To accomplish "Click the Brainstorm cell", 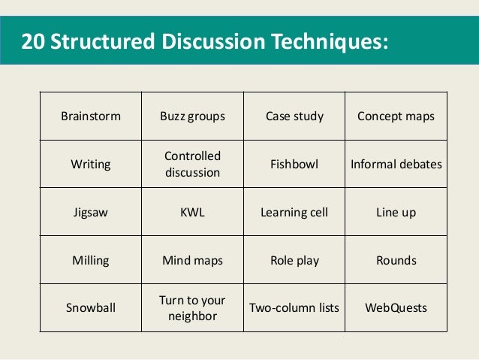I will [x=91, y=116].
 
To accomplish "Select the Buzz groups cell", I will [x=192, y=116].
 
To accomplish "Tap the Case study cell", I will [x=294, y=116].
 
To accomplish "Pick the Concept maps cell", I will [x=396, y=116].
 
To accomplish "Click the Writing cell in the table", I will [x=91, y=164].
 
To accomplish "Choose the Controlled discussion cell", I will [x=192, y=164].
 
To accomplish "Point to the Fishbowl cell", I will [x=294, y=164].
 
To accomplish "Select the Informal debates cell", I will [x=396, y=164].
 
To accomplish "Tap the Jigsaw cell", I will [x=91, y=212].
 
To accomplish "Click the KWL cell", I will [x=192, y=212].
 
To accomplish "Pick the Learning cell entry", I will [x=294, y=212].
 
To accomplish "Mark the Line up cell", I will [x=396, y=212].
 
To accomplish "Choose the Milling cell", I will [x=91, y=260].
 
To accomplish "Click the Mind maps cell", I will [x=192, y=260].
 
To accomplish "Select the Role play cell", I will [x=294, y=260].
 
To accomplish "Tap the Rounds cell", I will [x=396, y=260].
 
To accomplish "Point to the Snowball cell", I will [x=91, y=307].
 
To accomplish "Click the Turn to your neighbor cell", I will [x=192, y=307].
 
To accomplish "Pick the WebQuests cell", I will [x=396, y=307].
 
